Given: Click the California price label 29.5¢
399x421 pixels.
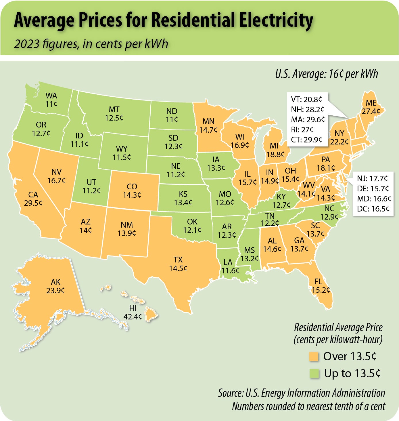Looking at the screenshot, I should click(x=33, y=203).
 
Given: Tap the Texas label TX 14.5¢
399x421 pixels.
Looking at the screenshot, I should click(x=178, y=264).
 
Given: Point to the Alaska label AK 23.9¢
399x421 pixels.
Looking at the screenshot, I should click(x=55, y=286).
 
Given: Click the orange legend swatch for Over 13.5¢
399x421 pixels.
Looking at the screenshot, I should click(x=314, y=357).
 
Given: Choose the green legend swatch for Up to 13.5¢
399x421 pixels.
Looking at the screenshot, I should click(x=314, y=374).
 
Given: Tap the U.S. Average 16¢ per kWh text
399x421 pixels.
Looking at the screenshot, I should click(x=327, y=74).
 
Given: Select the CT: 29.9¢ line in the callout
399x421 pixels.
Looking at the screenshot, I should click(x=307, y=140).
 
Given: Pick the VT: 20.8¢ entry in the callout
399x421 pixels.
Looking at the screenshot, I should click(x=306, y=100).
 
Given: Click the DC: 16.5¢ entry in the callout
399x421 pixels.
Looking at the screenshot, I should click(x=373, y=209).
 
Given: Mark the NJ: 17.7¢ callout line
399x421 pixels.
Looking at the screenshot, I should click(x=372, y=179).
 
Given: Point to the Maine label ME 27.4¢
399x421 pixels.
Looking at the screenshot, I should click(x=371, y=107).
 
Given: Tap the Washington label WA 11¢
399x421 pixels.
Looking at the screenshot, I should click(x=51, y=100).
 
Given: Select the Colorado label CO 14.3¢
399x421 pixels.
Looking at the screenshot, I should click(x=132, y=191).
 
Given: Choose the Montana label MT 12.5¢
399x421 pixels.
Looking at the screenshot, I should click(x=114, y=114).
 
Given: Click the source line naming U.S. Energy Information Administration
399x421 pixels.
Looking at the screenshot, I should click(x=302, y=393).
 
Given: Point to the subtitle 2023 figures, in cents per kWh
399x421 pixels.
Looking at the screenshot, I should click(x=91, y=44).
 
